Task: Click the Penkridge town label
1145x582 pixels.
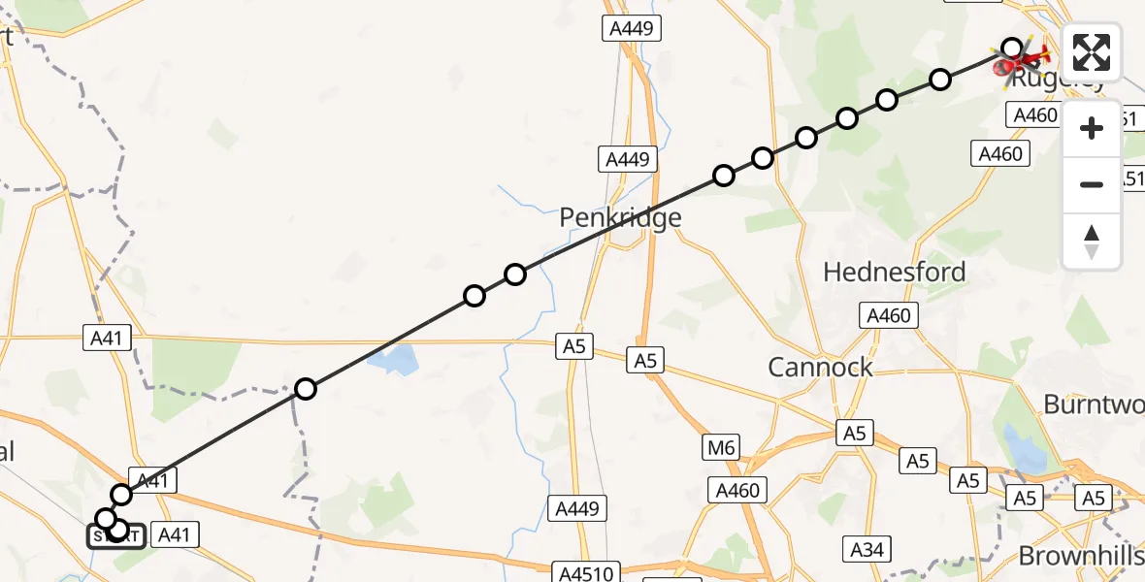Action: [x=620, y=218]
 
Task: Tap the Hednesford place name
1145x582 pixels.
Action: [x=894, y=272]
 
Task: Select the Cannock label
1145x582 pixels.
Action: [x=820, y=367]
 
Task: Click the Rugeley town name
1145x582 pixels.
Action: [x=1057, y=81]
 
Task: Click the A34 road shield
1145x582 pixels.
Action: [x=867, y=550]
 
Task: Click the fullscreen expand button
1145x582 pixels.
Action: [x=1092, y=52]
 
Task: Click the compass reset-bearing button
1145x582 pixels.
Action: [x=1092, y=242]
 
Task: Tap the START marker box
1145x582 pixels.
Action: [x=116, y=536]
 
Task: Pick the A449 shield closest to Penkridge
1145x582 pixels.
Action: [x=628, y=159]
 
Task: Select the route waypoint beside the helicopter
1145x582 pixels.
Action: [x=1012, y=48]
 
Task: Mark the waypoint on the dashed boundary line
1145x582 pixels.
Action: [x=306, y=389]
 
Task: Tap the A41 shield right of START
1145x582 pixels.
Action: [x=174, y=533]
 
